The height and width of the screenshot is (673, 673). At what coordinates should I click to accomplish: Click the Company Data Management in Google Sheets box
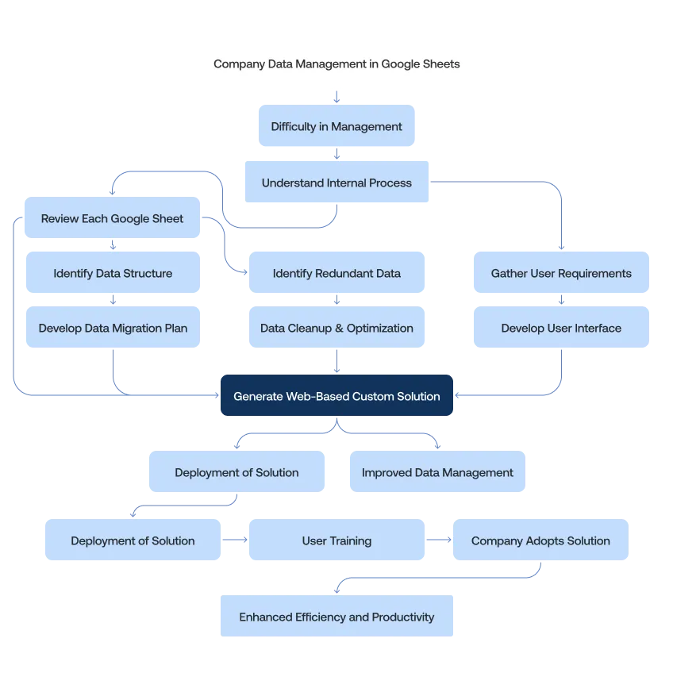336,63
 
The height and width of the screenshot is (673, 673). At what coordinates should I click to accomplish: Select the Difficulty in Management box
336,126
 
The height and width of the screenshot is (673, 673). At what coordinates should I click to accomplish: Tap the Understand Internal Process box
336,183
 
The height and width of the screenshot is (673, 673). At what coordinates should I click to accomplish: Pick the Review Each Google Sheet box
112,218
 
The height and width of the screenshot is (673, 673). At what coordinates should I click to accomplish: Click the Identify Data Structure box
113,273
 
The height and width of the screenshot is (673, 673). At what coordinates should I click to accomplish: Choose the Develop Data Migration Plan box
113,328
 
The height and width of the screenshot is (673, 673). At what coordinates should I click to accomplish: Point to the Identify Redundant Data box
336,273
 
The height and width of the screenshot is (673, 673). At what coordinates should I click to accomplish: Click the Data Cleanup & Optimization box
336,328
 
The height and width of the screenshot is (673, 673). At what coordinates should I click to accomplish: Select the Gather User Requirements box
561,273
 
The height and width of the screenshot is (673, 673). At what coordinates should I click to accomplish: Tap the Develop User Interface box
561,328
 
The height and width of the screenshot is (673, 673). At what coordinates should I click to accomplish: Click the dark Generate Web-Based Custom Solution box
336,396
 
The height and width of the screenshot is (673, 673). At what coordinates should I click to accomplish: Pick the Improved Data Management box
437,472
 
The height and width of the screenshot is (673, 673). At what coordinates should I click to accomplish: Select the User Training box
336,540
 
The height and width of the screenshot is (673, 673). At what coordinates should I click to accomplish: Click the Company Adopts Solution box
540,540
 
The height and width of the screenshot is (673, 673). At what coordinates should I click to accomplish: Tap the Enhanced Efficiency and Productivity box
336,617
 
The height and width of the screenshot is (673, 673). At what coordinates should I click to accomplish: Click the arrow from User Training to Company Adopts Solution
438,540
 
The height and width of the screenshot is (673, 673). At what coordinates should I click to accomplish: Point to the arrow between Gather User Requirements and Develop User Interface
561,301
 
